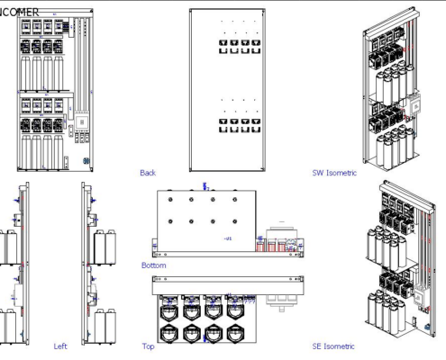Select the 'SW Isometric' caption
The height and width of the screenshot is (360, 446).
tap(329, 173)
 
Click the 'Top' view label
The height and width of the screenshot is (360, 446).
tap(148, 346)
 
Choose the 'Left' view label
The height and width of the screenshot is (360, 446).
tap(59, 346)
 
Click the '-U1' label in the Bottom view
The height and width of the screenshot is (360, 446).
tap(227, 238)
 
